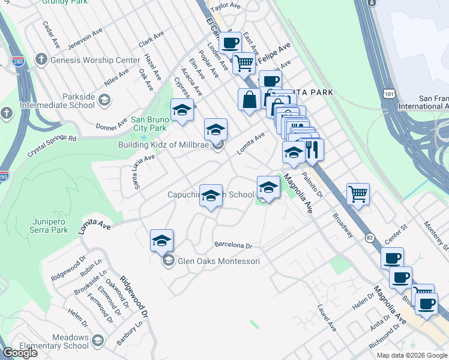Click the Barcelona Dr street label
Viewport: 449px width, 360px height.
234,245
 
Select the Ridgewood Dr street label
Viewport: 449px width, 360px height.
133,296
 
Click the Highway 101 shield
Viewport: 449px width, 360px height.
390,95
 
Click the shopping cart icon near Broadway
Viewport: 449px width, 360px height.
358,194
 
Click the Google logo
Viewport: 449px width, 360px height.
20,353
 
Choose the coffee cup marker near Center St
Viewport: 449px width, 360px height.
392,259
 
